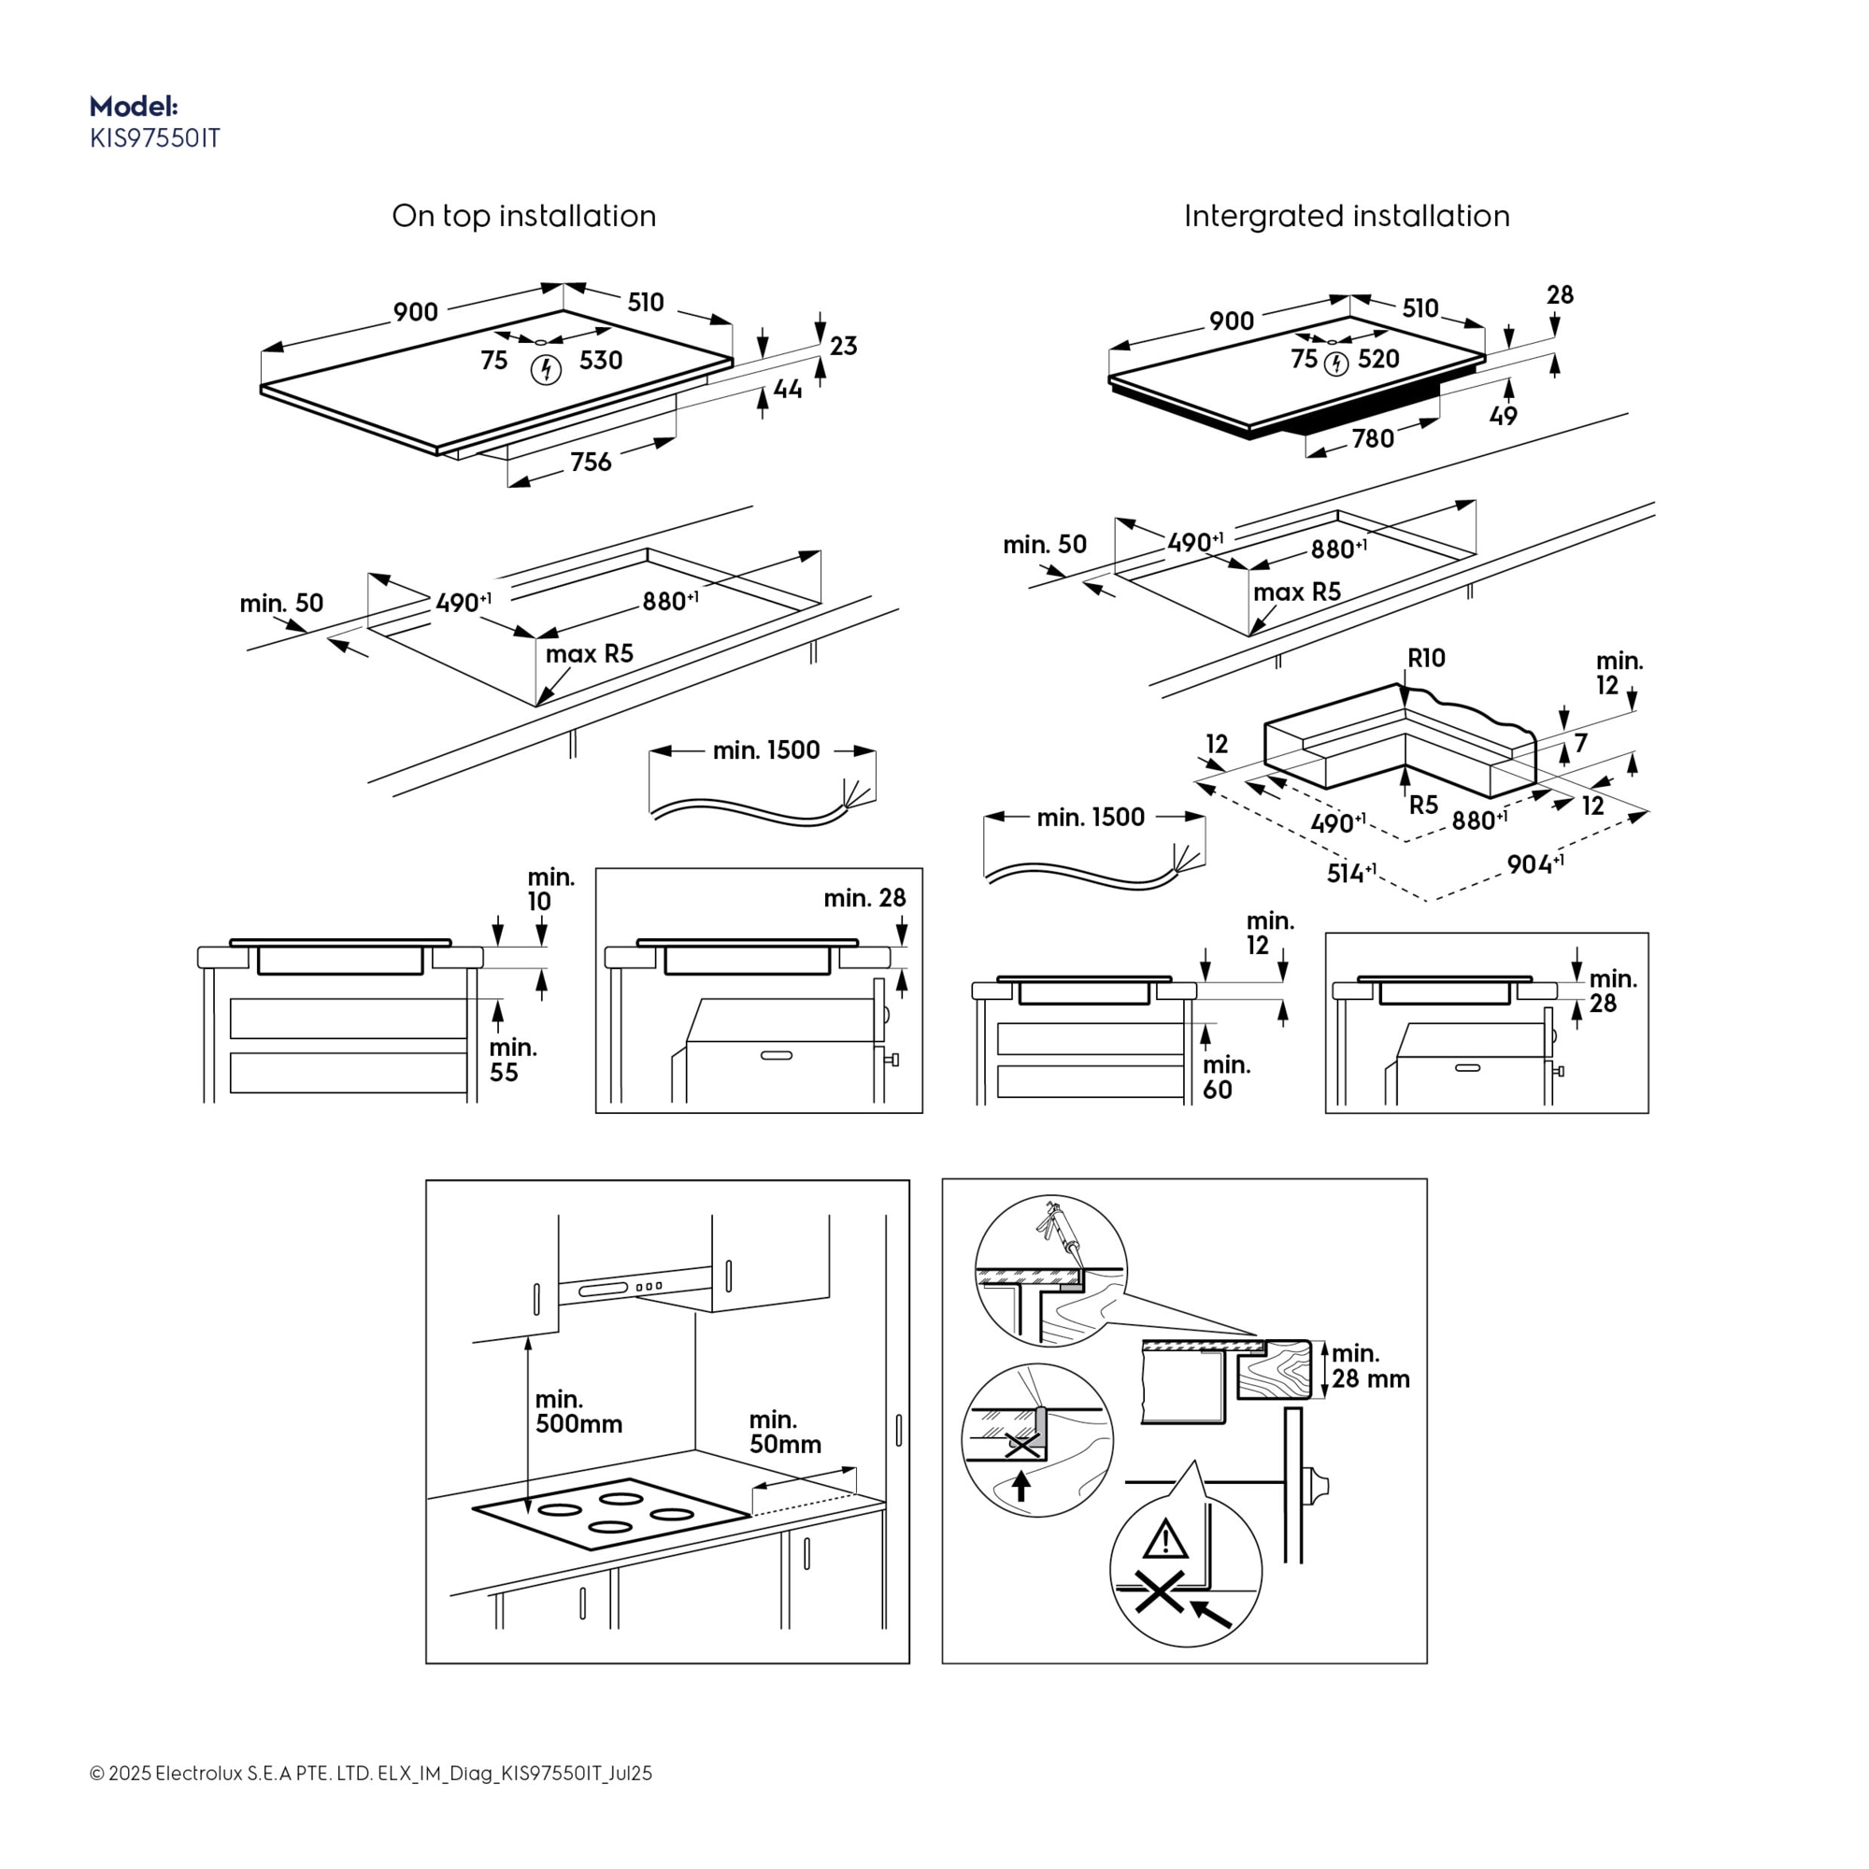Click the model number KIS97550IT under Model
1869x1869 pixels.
point(155,138)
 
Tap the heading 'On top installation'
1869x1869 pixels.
point(523,216)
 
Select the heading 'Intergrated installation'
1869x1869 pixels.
point(1346,216)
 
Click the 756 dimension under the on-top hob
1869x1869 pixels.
point(590,463)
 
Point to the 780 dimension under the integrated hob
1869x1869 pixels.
point(1373,439)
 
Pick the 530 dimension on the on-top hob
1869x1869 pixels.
point(600,361)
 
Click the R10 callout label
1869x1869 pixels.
point(1426,659)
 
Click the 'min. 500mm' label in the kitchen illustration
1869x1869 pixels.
point(578,1411)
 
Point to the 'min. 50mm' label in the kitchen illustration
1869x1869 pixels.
point(785,1432)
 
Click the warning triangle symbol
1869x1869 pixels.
point(1165,1538)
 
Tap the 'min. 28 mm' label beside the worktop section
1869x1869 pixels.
point(1370,1366)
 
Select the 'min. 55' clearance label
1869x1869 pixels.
point(512,1060)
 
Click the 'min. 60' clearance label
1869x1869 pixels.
point(1226,1077)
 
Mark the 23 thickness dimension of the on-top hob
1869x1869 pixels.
point(843,347)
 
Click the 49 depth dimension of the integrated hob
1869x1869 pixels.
point(1503,416)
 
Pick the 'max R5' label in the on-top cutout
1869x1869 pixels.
point(589,654)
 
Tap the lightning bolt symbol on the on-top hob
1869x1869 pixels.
point(547,369)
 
